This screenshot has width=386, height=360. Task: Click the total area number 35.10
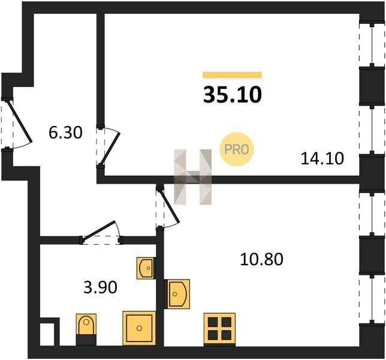pos(232,95)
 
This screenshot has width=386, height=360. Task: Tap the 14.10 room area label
pos(322,158)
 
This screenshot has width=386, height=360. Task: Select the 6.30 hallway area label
pos(65,133)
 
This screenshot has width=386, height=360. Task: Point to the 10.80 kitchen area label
pos(261,259)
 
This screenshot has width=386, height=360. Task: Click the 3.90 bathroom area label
pos(100,287)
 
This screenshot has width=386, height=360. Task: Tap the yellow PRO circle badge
pos(236,149)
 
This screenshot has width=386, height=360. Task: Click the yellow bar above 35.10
pos(232,75)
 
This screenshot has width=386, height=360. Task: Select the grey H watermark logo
pos(193,177)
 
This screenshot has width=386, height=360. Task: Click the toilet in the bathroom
pos(86,329)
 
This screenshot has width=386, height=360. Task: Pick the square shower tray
pos(139,328)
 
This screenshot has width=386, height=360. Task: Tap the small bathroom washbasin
pos(146,268)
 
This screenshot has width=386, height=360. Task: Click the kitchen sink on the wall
pos(178,294)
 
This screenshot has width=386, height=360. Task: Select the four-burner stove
pos(219,329)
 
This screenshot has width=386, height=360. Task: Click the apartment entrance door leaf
pos(19,121)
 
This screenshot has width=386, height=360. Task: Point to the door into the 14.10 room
pos(110,149)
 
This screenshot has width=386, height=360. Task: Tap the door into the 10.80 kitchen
pos(170,205)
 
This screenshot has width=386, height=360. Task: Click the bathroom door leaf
pos(98,230)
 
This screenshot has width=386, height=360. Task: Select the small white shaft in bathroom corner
pos(47,334)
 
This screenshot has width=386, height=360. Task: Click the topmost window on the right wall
pos(372,45)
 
